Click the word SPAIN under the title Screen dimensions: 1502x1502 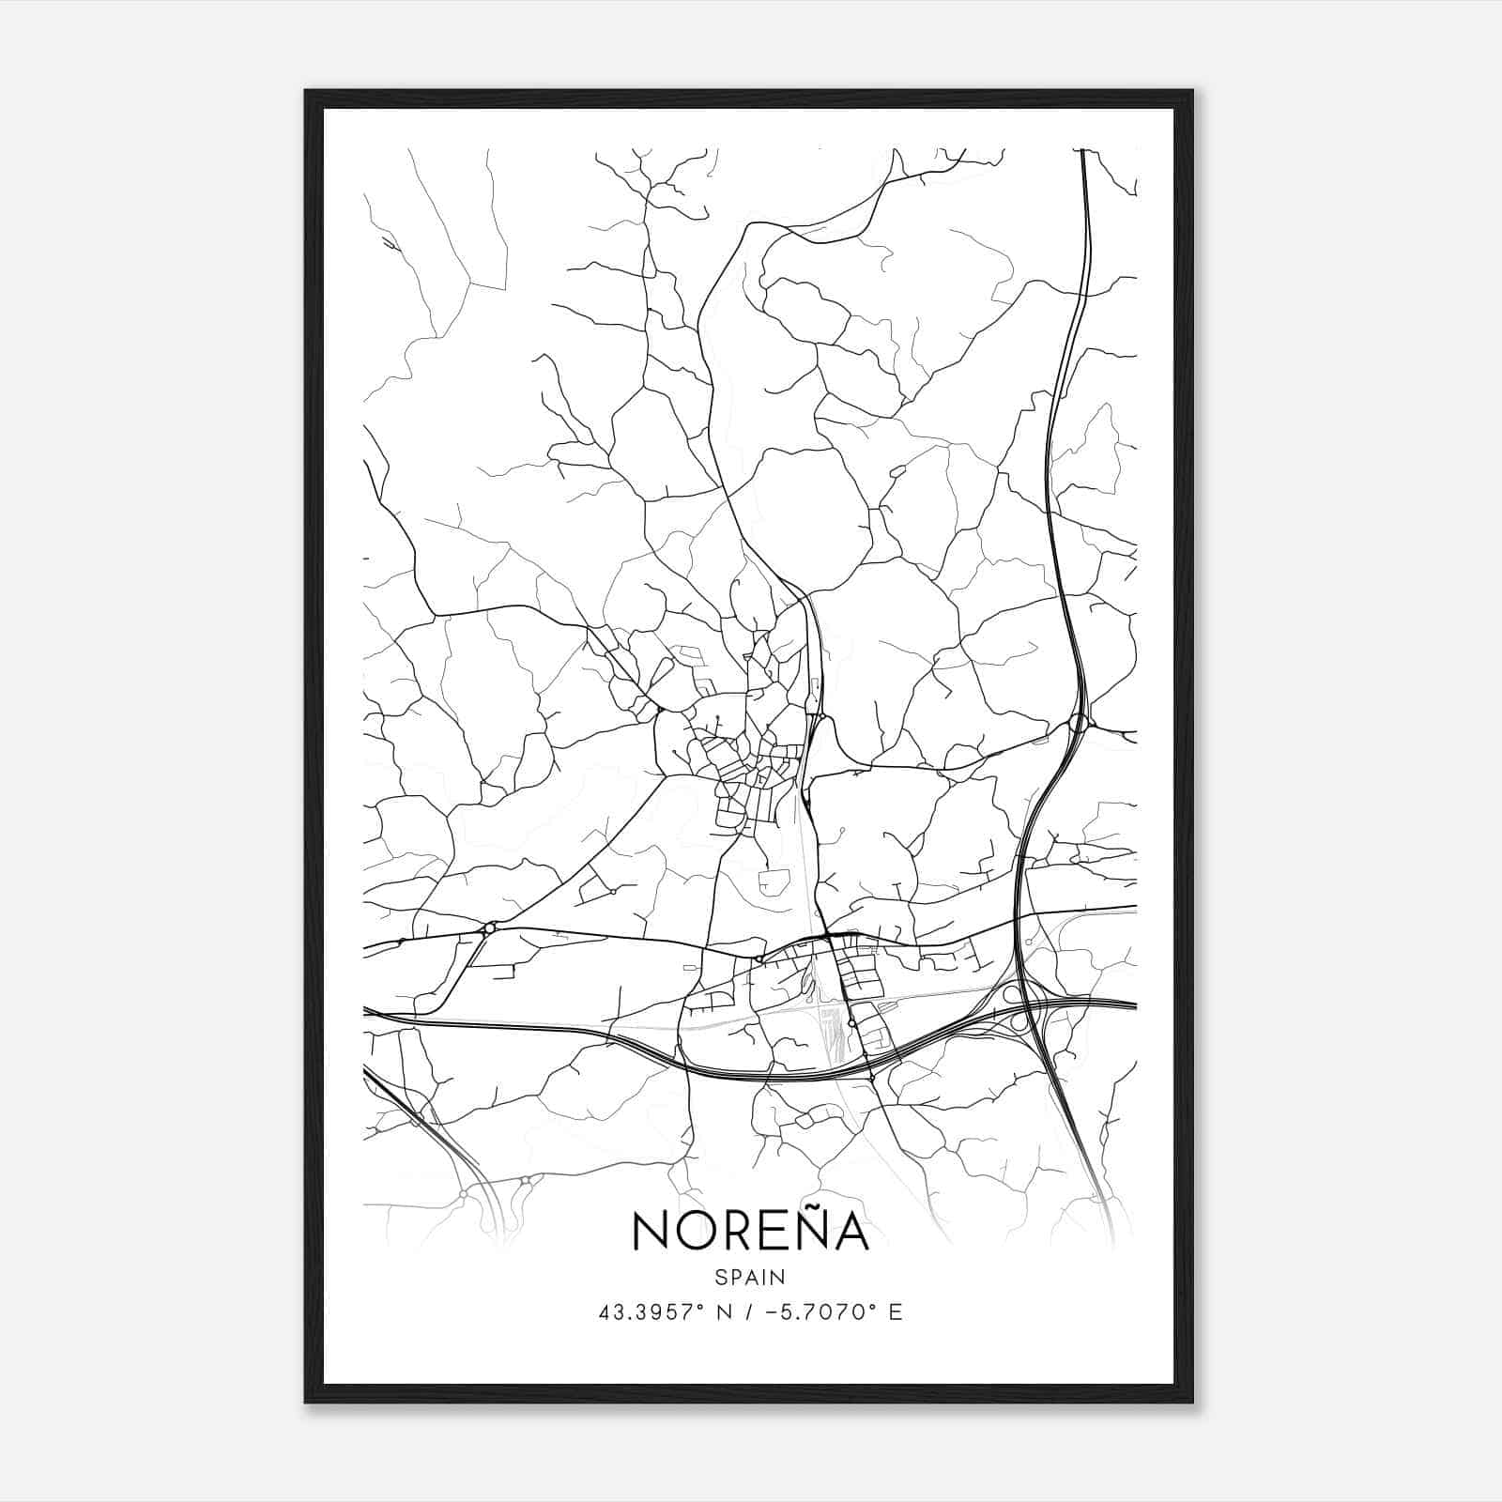pos(749,1277)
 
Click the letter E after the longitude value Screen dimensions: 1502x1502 pos(896,1312)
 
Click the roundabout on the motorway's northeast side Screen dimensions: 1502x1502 pos(1078,724)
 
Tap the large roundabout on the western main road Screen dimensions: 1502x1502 pos(488,928)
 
